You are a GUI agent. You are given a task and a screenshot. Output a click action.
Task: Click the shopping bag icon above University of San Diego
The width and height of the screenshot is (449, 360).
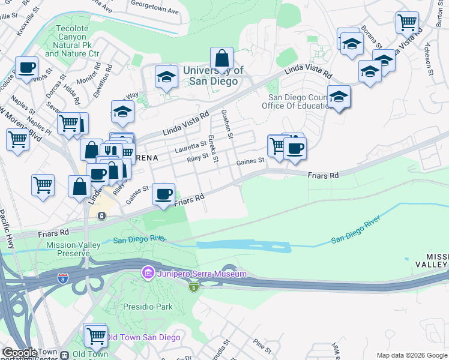221,59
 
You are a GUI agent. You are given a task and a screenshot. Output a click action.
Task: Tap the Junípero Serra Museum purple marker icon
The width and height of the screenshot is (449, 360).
148,274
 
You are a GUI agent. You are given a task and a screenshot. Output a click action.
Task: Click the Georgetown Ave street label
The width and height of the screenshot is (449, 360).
155,11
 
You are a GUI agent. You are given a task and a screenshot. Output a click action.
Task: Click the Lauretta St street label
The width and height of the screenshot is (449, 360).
190,144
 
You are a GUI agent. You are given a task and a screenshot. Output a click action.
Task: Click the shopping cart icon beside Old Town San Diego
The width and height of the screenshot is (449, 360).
95,336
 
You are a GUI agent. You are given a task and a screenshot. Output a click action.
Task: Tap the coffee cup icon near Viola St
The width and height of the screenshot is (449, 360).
26,68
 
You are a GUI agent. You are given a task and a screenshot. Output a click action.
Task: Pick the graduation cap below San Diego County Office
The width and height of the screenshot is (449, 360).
339,97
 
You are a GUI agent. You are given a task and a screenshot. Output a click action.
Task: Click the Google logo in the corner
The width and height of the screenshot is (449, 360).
20,353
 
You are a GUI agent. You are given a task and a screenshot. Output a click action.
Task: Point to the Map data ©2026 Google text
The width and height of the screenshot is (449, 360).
412,355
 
